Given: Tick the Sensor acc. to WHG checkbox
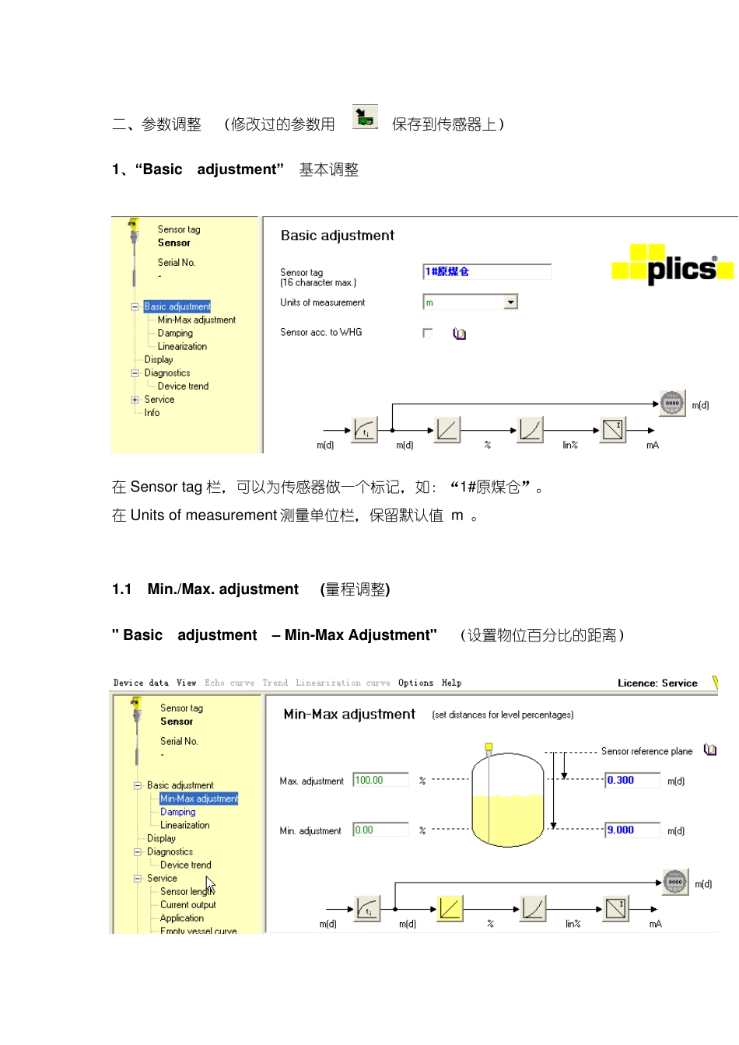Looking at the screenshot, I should coord(427,333).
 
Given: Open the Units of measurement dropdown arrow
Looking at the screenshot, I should coord(511,302).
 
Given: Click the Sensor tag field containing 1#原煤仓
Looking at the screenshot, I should coord(486,271).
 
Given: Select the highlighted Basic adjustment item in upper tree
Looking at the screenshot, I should coord(177,306).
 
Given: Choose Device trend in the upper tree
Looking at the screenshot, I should coord(183,386).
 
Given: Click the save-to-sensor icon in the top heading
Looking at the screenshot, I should coord(364,117).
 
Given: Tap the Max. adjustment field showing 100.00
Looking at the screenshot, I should coord(380,780).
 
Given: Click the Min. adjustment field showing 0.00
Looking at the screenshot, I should coord(380,830).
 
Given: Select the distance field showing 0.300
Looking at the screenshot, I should coord(632,780).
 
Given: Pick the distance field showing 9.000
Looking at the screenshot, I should coord(632,830).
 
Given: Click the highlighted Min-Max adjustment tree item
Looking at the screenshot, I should coord(199,799).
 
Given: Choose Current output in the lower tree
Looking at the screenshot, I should coord(188,905).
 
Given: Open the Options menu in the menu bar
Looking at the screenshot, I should coord(415,683).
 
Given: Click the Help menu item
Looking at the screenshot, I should coord(451,683).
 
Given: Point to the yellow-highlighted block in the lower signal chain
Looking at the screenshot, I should coord(450,908).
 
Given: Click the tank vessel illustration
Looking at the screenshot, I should coord(507,801).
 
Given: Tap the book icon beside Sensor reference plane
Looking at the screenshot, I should coord(709,750).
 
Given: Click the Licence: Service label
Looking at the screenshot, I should coord(657,683).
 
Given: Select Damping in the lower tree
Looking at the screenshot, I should coord(177,812).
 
